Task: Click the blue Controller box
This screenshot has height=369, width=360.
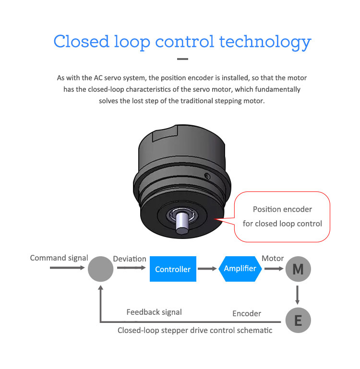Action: (173, 269)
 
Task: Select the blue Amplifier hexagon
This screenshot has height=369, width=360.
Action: (240, 269)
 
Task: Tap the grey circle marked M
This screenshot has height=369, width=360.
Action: (298, 269)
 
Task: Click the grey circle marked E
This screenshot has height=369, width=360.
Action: (298, 320)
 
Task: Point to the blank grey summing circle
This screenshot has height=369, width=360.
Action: (100, 269)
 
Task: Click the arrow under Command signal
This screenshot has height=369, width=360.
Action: (67, 268)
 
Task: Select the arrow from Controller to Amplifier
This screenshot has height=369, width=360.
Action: (207, 269)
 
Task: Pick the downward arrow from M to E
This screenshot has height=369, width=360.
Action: (298, 295)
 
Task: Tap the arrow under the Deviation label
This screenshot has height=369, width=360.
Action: (132, 268)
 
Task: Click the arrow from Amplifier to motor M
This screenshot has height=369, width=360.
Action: (274, 269)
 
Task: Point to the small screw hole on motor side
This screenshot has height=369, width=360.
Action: (207, 176)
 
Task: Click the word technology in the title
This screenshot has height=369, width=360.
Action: (265, 43)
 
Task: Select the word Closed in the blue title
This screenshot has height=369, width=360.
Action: (82, 41)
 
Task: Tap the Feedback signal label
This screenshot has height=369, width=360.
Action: (154, 312)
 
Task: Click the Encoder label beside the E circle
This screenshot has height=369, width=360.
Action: (247, 313)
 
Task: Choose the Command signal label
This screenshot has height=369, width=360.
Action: (59, 258)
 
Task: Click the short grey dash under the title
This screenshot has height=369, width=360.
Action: (182, 59)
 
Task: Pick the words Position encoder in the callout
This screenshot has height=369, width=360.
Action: (282, 209)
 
